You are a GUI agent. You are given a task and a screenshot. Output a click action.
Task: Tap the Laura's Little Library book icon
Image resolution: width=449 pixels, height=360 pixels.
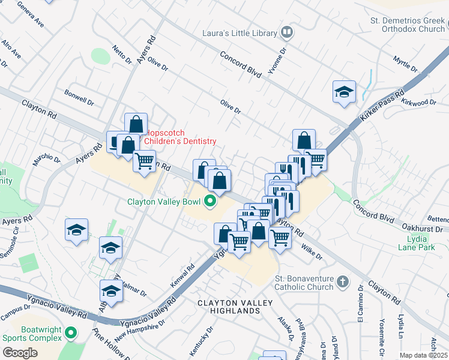click(288, 33)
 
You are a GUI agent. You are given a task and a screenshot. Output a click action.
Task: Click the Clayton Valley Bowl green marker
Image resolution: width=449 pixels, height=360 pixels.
click(210, 201)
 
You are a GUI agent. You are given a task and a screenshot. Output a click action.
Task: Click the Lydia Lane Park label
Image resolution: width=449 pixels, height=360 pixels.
click(417, 242)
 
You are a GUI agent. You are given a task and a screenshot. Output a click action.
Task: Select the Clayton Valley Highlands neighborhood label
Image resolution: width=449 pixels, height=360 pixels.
click(229, 307)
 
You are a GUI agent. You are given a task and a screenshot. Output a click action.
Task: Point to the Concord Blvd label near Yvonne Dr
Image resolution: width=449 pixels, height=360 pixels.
click(240, 64)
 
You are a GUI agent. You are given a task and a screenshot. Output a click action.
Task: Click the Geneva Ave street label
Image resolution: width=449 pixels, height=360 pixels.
click(31, 16)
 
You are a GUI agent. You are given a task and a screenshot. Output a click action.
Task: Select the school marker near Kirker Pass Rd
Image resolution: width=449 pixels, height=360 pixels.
click(344, 92)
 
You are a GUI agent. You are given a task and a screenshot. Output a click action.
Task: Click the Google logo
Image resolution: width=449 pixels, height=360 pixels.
click(20, 352)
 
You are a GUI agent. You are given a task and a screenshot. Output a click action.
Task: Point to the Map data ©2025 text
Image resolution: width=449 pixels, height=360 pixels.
click(423, 355)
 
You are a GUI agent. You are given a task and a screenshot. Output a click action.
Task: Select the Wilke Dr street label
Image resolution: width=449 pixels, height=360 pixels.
click(312, 251)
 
